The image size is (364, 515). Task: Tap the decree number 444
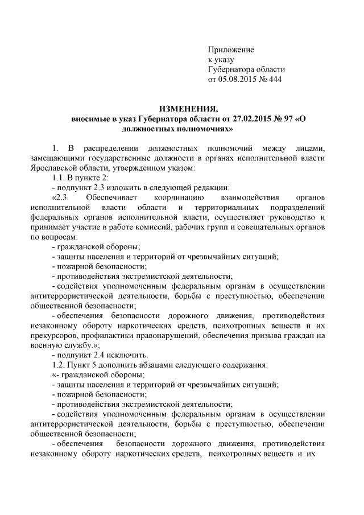click(x=274, y=79)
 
